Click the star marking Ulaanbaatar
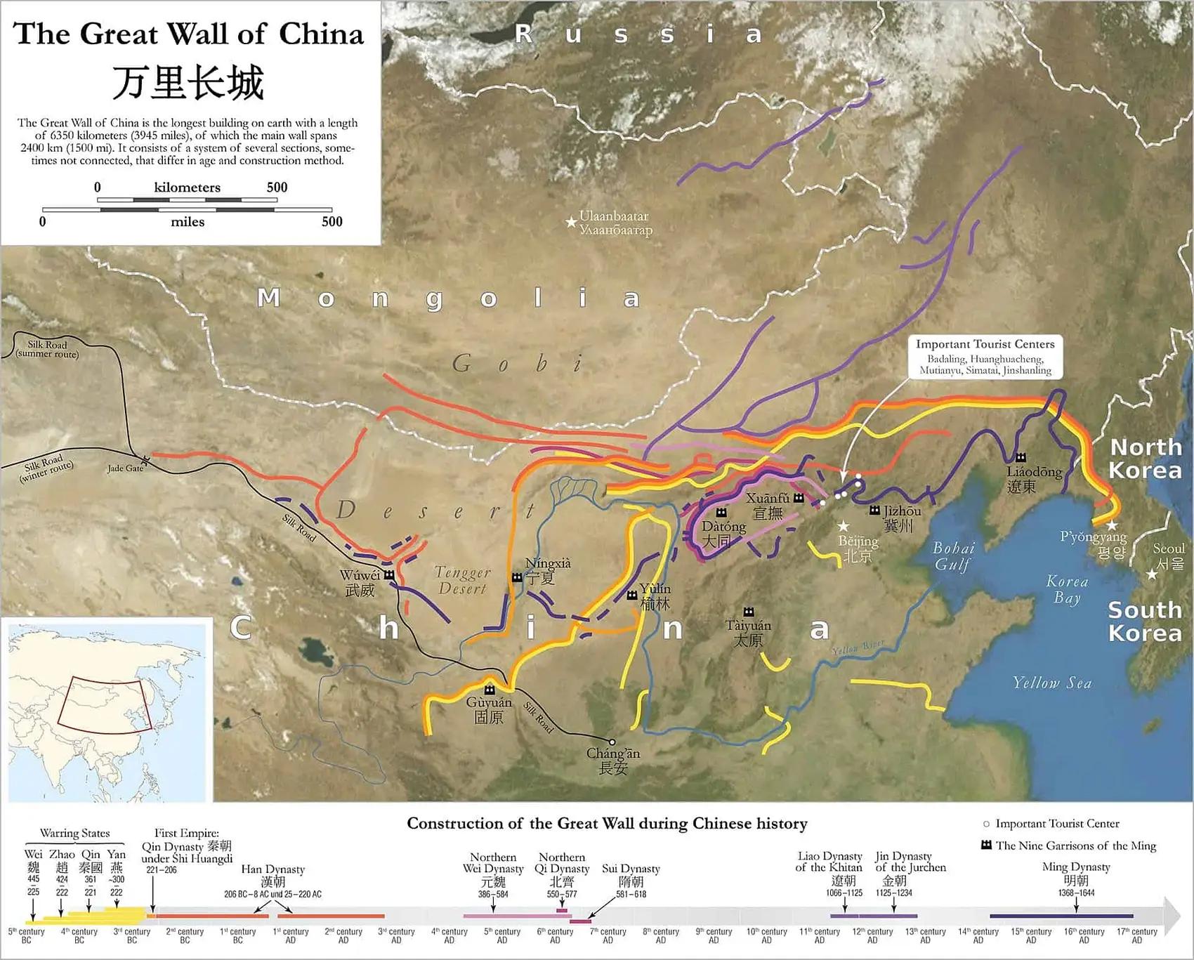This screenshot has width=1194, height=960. (x=571, y=223)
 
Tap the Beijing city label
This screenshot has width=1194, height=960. (x=858, y=548)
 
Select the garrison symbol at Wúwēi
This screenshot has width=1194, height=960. (x=388, y=575)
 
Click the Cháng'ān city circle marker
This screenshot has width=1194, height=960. (x=612, y=742)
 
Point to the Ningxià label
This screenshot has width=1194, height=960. (x=548, y=564)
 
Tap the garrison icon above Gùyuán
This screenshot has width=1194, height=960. (x=490, y=689)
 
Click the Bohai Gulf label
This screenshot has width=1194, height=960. (x=953, y=556)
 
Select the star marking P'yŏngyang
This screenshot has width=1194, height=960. (x=1111, y=525)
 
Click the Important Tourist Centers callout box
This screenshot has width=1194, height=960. (x=985, y=357)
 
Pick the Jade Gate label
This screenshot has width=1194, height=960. (x=124, y=468)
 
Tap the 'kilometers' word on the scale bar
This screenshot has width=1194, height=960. (x=187, y=188)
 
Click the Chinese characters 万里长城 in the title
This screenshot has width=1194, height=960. (x=188, y=83)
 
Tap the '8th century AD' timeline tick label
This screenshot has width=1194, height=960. (x=661, y=935)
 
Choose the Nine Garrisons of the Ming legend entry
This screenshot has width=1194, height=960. (x=1075, y=846)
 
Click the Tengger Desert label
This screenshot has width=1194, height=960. (x=462, y=581)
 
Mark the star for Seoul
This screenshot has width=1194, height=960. (x=1152, y=574)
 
